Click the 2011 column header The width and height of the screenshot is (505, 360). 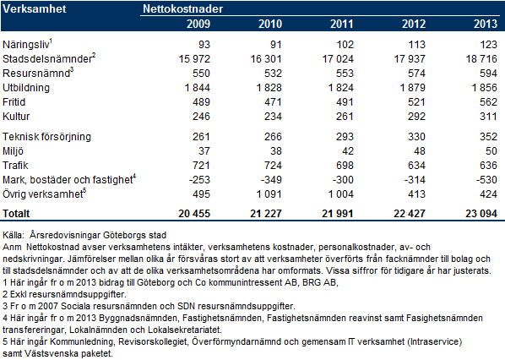(342, 24)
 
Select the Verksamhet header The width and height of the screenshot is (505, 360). (35, 8)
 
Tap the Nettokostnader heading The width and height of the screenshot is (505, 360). (183, 8)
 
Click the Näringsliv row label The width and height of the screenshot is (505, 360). (26, 45)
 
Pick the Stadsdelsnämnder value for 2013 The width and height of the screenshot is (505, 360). (481, 59)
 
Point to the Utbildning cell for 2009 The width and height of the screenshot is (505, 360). (197, 88)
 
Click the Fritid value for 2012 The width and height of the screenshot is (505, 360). (416, 102)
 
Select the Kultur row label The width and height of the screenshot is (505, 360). (16, 117)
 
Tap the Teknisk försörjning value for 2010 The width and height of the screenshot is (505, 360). (273, 137)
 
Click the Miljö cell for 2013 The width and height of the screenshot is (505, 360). (491, 151)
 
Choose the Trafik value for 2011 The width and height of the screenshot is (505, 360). (345, 166)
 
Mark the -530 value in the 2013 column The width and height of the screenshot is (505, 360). (486, 180)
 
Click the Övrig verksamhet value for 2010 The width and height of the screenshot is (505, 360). (269, 194)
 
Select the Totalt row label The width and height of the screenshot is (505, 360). (16, 213)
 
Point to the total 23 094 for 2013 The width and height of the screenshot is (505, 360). (481, 213)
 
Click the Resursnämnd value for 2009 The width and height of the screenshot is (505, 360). (201, 74)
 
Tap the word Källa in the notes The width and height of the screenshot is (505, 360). (13, 235)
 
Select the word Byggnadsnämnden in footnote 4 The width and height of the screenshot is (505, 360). (138, 318)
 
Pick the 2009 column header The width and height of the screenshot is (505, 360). (198, 24)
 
